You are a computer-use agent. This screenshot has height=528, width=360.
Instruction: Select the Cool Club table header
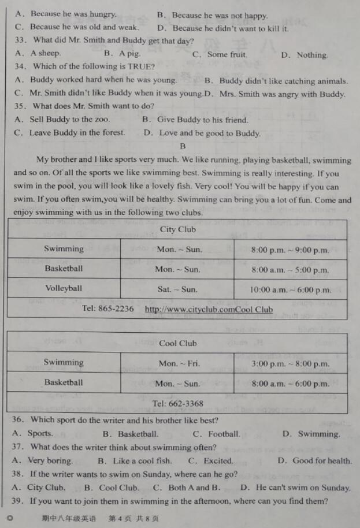pos(177,343)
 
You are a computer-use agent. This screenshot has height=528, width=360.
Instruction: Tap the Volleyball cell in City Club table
pos(64,288)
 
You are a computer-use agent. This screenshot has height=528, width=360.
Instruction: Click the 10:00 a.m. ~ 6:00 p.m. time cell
pos(290,289)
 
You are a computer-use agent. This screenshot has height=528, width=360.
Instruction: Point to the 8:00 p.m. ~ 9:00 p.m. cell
pos(290,250)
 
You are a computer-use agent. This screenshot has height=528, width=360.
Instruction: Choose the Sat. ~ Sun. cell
pos(177,289)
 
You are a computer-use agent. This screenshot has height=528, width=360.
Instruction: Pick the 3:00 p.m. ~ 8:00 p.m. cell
pos(290,364)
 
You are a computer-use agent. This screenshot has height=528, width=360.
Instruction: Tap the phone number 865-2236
pos(116,308)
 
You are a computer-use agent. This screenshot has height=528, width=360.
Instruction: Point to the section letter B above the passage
pos(183,147)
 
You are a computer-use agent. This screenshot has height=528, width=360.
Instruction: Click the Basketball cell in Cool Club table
pos(64,382)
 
